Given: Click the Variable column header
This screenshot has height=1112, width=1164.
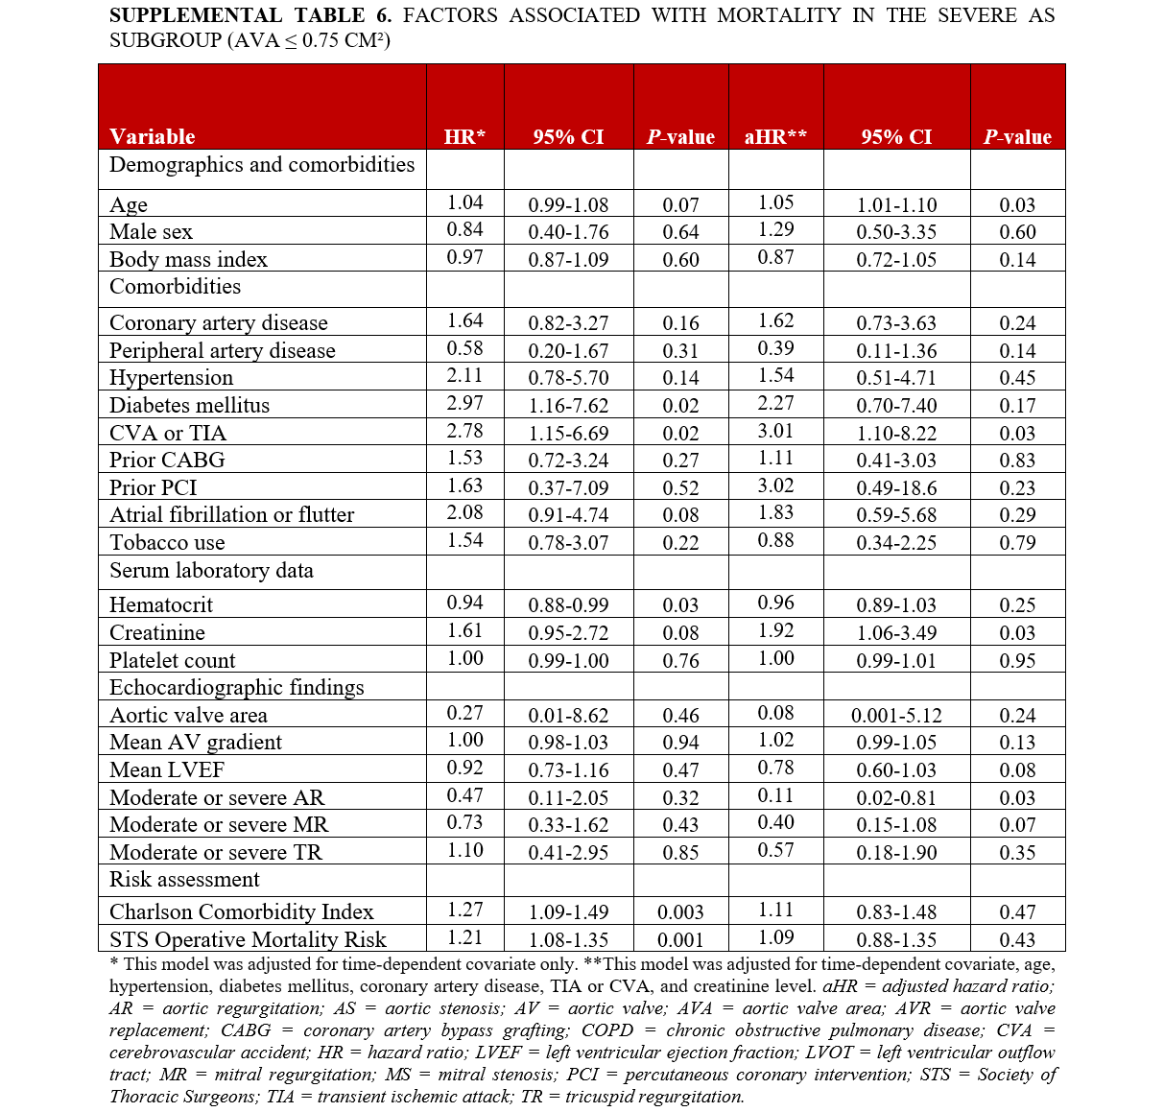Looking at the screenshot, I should point(152,136).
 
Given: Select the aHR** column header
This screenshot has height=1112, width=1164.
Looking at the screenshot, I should point(775,136).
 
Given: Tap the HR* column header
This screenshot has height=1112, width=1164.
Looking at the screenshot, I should point(464,136).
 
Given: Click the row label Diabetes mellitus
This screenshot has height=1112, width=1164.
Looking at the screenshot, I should point(189,405).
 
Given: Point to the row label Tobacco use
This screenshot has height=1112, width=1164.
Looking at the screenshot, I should point(167,542).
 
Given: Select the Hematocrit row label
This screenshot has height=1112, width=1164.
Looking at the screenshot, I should point(161,604).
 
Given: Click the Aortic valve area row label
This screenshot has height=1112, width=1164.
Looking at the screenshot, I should point(188,715).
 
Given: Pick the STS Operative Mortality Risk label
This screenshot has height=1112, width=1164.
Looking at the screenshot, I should point(248,939).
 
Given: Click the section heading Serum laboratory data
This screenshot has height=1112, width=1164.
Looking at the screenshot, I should point(211,570).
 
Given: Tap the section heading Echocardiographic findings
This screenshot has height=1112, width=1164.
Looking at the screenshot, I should point(236,687).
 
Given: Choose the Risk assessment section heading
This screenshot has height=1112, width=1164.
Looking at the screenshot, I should point(184,879).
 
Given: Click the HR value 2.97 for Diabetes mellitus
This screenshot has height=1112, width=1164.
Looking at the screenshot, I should point(464,403).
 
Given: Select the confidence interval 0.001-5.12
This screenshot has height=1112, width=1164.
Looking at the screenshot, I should point(896,715).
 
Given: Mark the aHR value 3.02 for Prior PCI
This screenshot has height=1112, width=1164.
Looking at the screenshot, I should point(775,485).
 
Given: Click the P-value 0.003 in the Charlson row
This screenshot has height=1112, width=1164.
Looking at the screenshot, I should point(680,912).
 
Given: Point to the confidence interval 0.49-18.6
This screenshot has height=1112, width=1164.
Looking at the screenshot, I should point(896,487).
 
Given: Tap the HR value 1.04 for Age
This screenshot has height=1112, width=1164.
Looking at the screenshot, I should point(464,202).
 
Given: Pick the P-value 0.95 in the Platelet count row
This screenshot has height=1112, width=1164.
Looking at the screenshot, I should point(1017,660).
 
